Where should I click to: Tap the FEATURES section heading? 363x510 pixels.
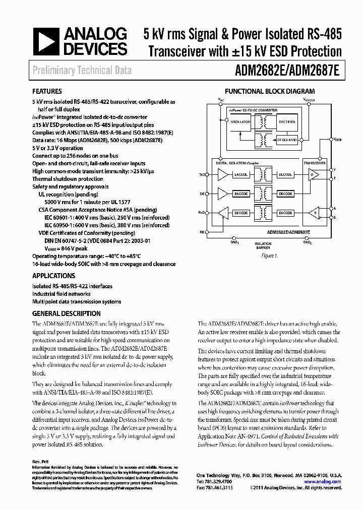(x=47, y=92)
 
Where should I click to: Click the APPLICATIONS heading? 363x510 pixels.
(x=53, y=276)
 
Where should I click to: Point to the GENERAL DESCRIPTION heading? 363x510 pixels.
(x=66, y=313)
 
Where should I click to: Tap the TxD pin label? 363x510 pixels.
(x=202, y=175)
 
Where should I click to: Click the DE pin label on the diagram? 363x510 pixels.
(x=202, y=194)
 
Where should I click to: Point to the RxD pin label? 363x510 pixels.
(x=202, y=213)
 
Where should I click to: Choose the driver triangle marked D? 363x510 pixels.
(x=314, y=174)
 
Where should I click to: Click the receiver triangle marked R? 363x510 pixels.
(x=314, y=213)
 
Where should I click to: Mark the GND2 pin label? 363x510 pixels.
(x=307, y=242)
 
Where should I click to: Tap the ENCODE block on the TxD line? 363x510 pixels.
(x=240, y=174)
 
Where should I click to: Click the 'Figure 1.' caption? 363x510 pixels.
(x=269, y=256)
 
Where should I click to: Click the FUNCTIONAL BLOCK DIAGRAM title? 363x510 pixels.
(x=269, y=92)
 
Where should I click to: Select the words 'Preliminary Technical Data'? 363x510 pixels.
(x=82, y=71)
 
